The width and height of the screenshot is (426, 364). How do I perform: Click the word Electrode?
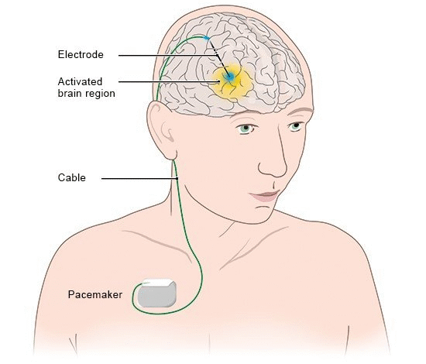click(x=81, y=54)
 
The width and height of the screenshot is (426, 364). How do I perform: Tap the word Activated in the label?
click(x=80, y=81)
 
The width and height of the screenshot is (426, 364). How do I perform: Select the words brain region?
click(x=87, y=94)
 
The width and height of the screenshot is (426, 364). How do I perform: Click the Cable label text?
click(x=72, y=177)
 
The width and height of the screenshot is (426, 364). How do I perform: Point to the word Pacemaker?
click(x=95, y=295)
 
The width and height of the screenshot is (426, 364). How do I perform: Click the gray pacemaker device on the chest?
click(x=156, y=294)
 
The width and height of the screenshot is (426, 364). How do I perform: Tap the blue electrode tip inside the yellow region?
click(x=230, y=77)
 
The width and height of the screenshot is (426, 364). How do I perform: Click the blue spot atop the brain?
click(x=207, y=38)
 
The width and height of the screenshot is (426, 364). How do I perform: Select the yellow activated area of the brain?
click(x=232, y=82)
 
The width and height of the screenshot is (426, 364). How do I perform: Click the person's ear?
click(x=161, y=130)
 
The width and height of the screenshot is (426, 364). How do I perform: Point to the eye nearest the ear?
click(x=246, y=128)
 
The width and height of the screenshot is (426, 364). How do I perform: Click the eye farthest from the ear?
click(x=295, y=126)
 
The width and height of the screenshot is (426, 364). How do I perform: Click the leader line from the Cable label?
click(x=139, y=179)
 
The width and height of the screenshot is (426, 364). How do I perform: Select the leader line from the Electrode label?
click(x=168, y=56)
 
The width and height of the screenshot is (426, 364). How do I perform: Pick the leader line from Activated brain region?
click(x=170, y=81)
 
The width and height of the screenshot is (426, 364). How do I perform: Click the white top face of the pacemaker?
click(x=158, y=283)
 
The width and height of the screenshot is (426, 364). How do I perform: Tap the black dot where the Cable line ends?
click(x=177, y=178)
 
